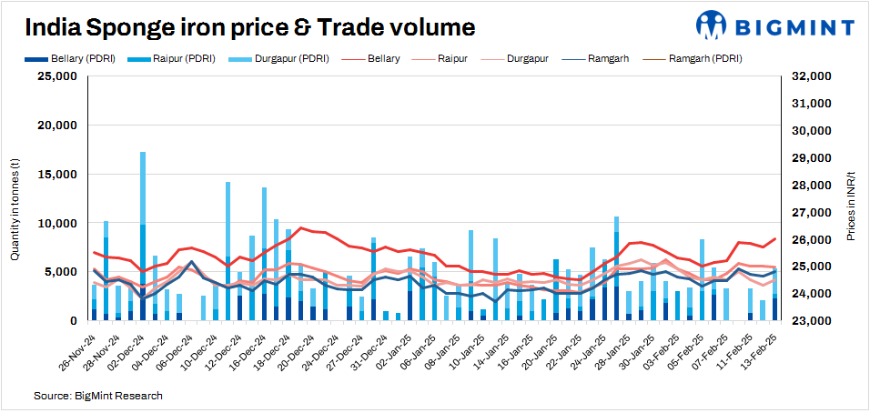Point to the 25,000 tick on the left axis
point(56,76)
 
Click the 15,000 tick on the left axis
point(56,175)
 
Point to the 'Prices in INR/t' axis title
point(851,206)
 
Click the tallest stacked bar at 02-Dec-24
point(143,237)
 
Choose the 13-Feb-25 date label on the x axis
point(758,351)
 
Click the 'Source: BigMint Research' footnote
point(98,397)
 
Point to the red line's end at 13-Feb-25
point(775,239)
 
